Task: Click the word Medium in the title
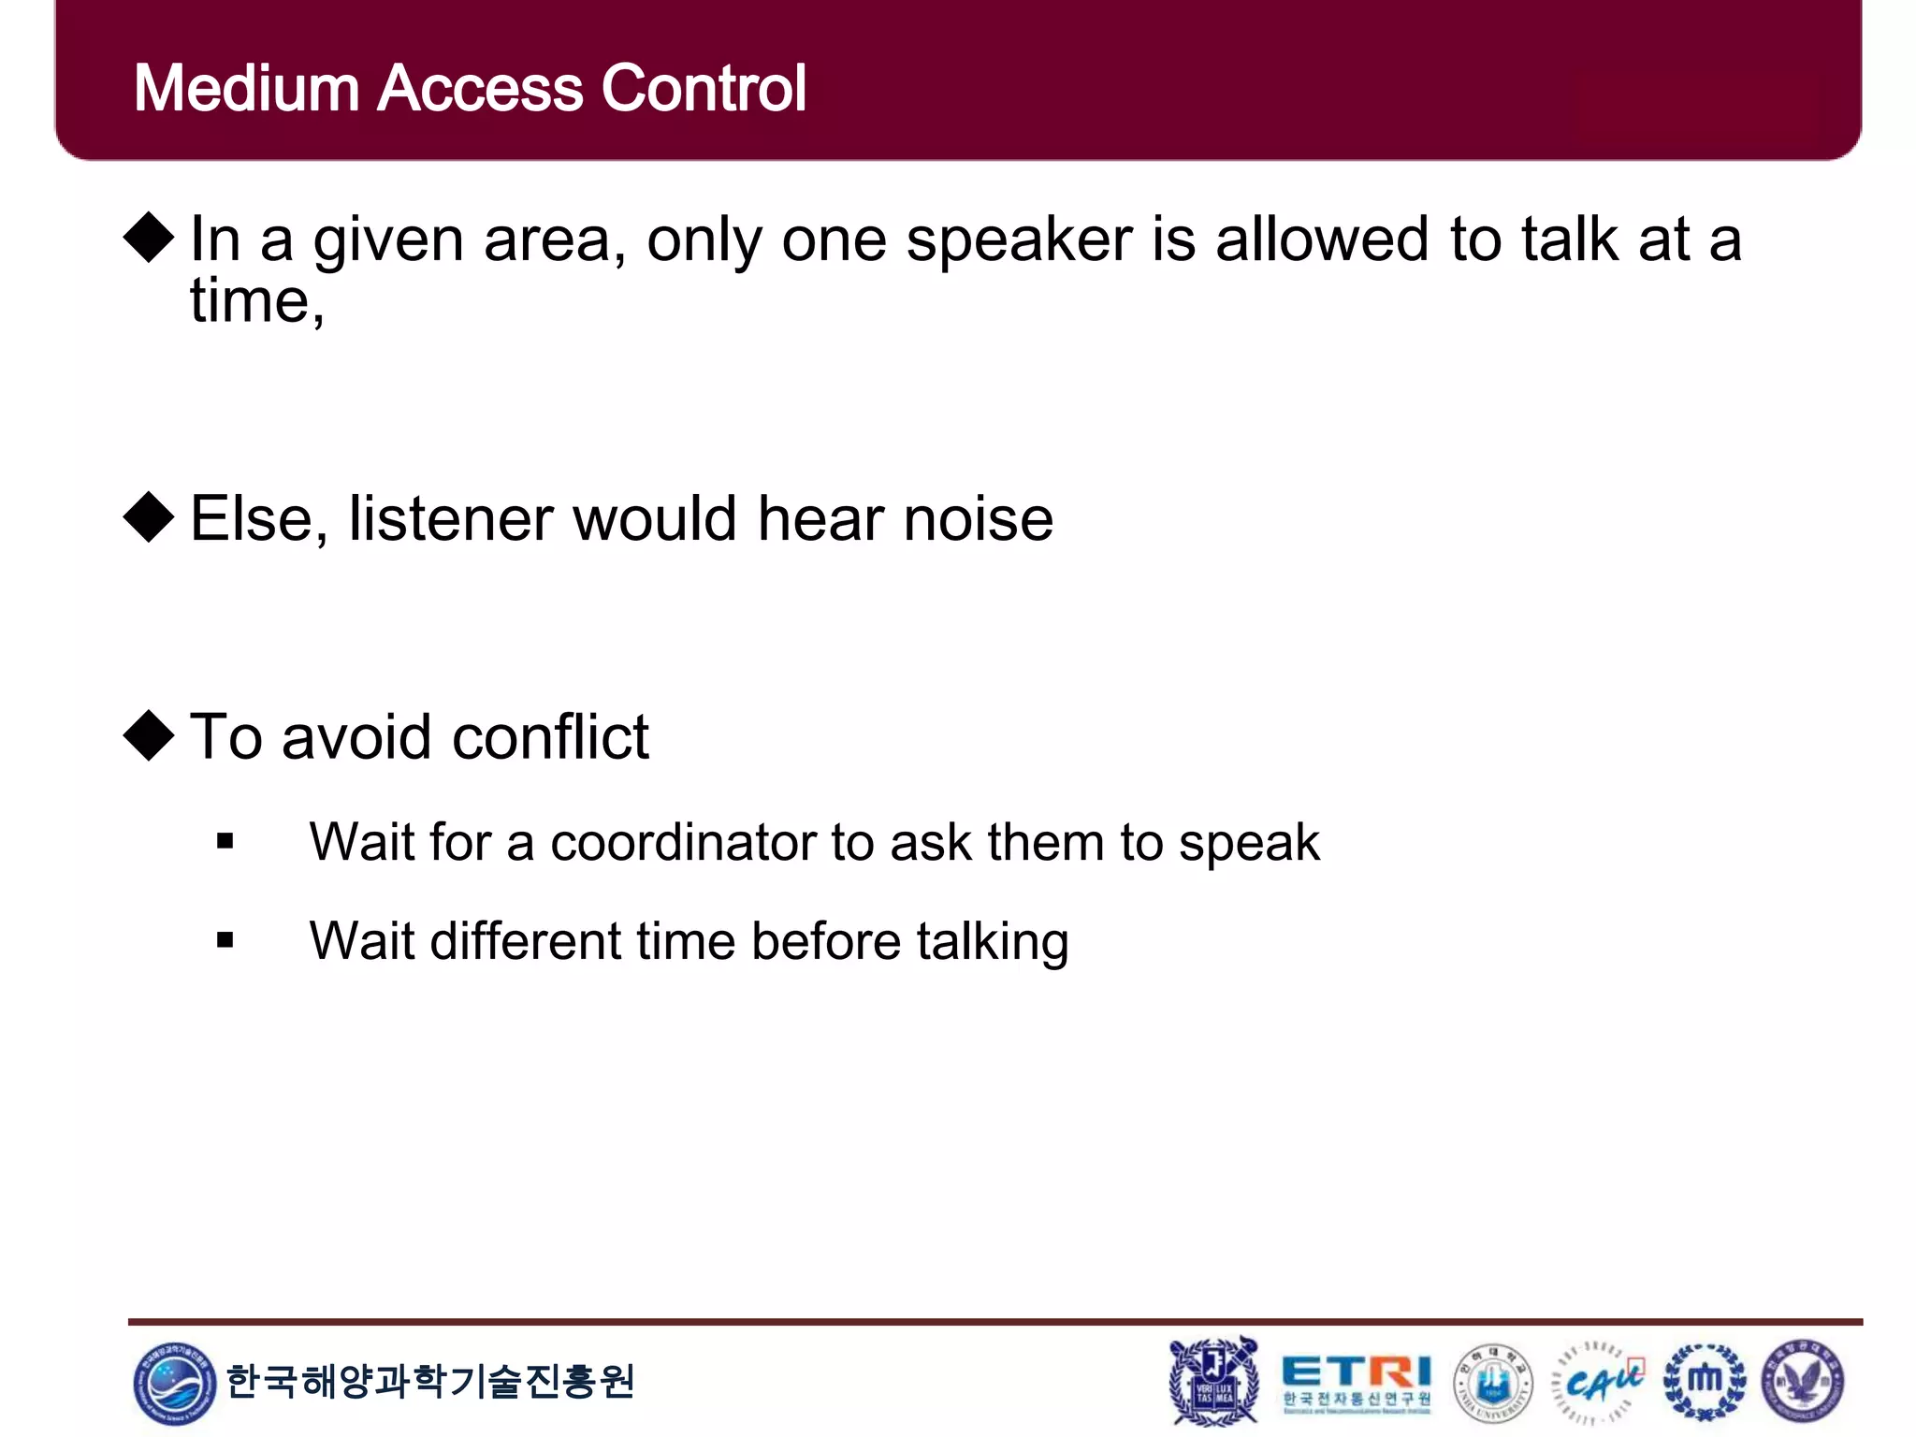pyautogui.click(x=246, y=89)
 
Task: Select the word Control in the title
pyautogui.click(x=703, y=89)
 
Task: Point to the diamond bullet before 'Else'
pyautogui.click(x=149, y=516)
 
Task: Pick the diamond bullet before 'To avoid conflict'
pyautogui.click(x=149, y=734)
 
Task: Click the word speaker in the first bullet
pyautogui.click(x=1019, y=241)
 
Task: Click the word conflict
pyautogui.click(x=550, y=737)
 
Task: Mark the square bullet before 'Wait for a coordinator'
pyautogui.click(x=225, y=842)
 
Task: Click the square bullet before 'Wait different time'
pyautogui.click(x=225, y=940)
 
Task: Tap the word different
pyautogui.click(x=526, y=941)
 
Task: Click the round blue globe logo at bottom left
pyautogui.click(x=173, y=1383)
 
